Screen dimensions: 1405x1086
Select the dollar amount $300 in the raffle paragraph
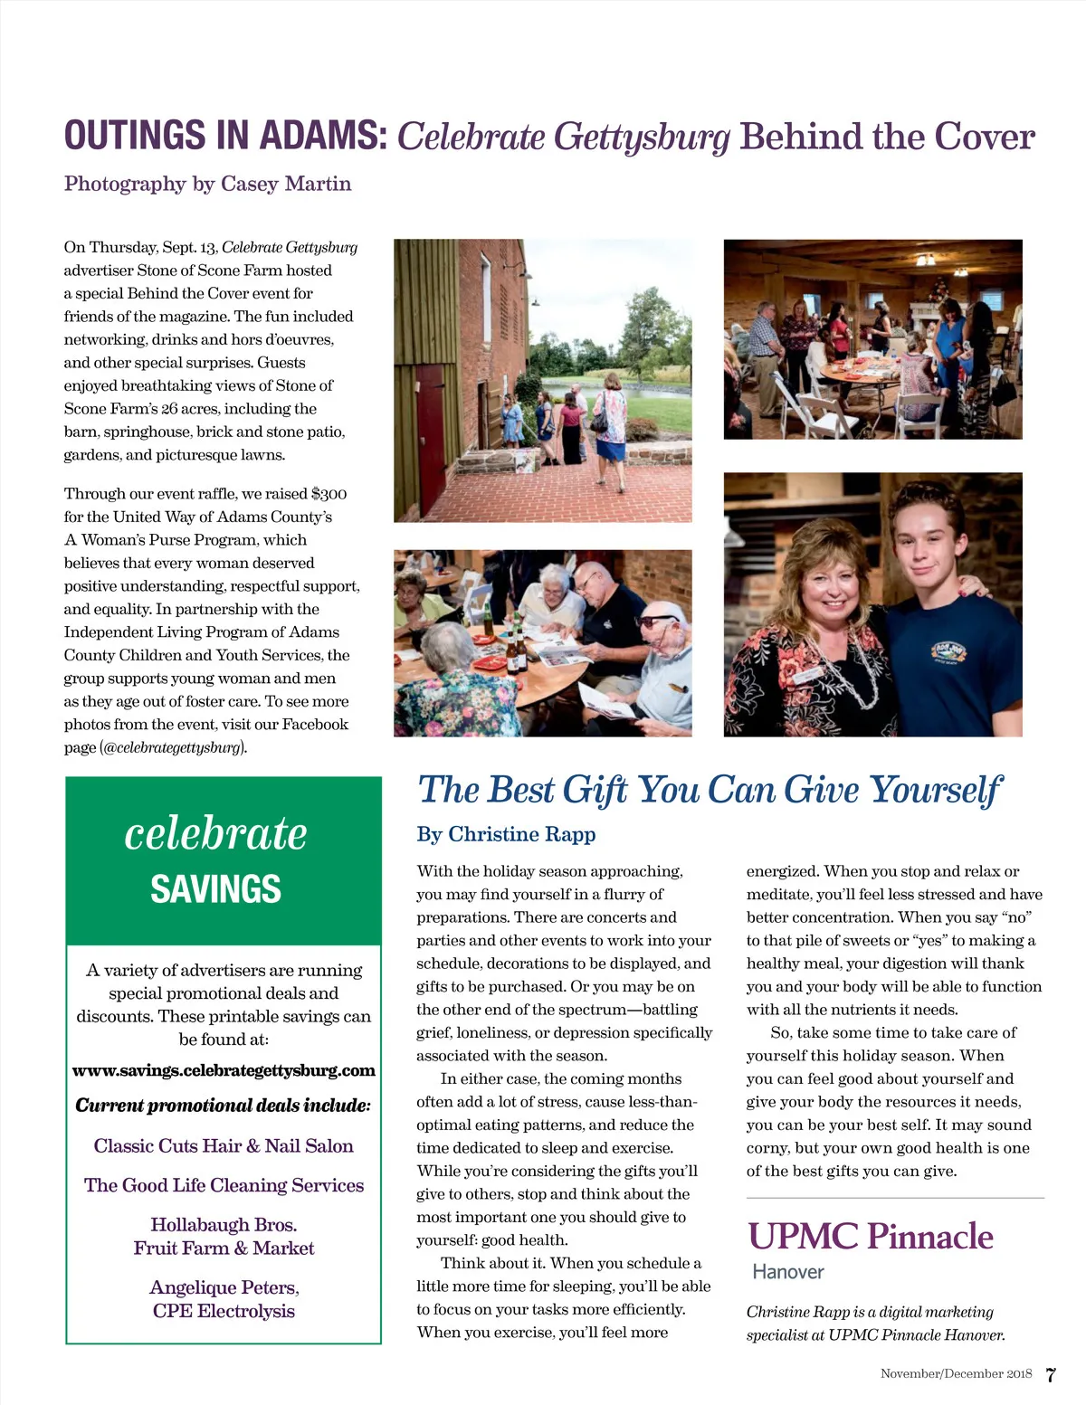point(329,494)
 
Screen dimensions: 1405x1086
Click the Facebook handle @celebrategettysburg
point(173,747)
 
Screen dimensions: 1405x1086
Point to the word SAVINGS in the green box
point(215,889)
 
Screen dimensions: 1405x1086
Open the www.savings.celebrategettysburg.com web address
point(224,1070)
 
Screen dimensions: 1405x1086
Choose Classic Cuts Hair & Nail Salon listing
point(224,1146)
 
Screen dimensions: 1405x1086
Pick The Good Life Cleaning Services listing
point(224,1185)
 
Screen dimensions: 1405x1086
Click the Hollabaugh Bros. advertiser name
point(224,1225)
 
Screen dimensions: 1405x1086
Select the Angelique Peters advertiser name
point(224,1287)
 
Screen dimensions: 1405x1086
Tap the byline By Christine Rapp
point(506,834)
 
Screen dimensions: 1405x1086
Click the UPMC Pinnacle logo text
point(870,1237)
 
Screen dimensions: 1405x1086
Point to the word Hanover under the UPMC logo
point(788,1272)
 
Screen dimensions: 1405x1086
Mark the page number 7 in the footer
point(1050,1375)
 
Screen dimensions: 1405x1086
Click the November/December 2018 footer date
point(956,1374)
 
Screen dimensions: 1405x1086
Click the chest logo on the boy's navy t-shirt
point(948,651)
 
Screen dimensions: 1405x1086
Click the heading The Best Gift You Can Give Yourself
point(710,790)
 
